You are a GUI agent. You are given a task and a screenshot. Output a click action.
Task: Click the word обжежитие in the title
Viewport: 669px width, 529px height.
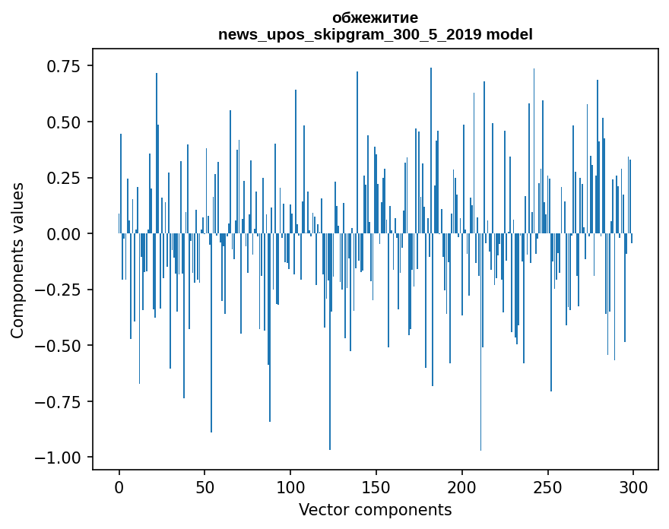click(375, 17)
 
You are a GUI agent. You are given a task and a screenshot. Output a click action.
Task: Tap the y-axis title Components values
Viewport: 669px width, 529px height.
click(17, 260)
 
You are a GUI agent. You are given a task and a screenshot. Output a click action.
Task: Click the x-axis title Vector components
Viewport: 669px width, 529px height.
click(375, 510)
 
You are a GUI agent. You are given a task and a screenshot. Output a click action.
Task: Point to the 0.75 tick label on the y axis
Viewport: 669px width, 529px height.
click(64, 66)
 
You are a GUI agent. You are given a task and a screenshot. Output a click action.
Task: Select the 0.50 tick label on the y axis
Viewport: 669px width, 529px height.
click(64, 122)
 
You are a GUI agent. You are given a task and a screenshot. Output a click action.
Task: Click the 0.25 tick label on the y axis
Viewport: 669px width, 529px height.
click(64, 178)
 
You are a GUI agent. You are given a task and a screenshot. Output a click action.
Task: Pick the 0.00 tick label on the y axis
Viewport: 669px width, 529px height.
click(64, 234)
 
